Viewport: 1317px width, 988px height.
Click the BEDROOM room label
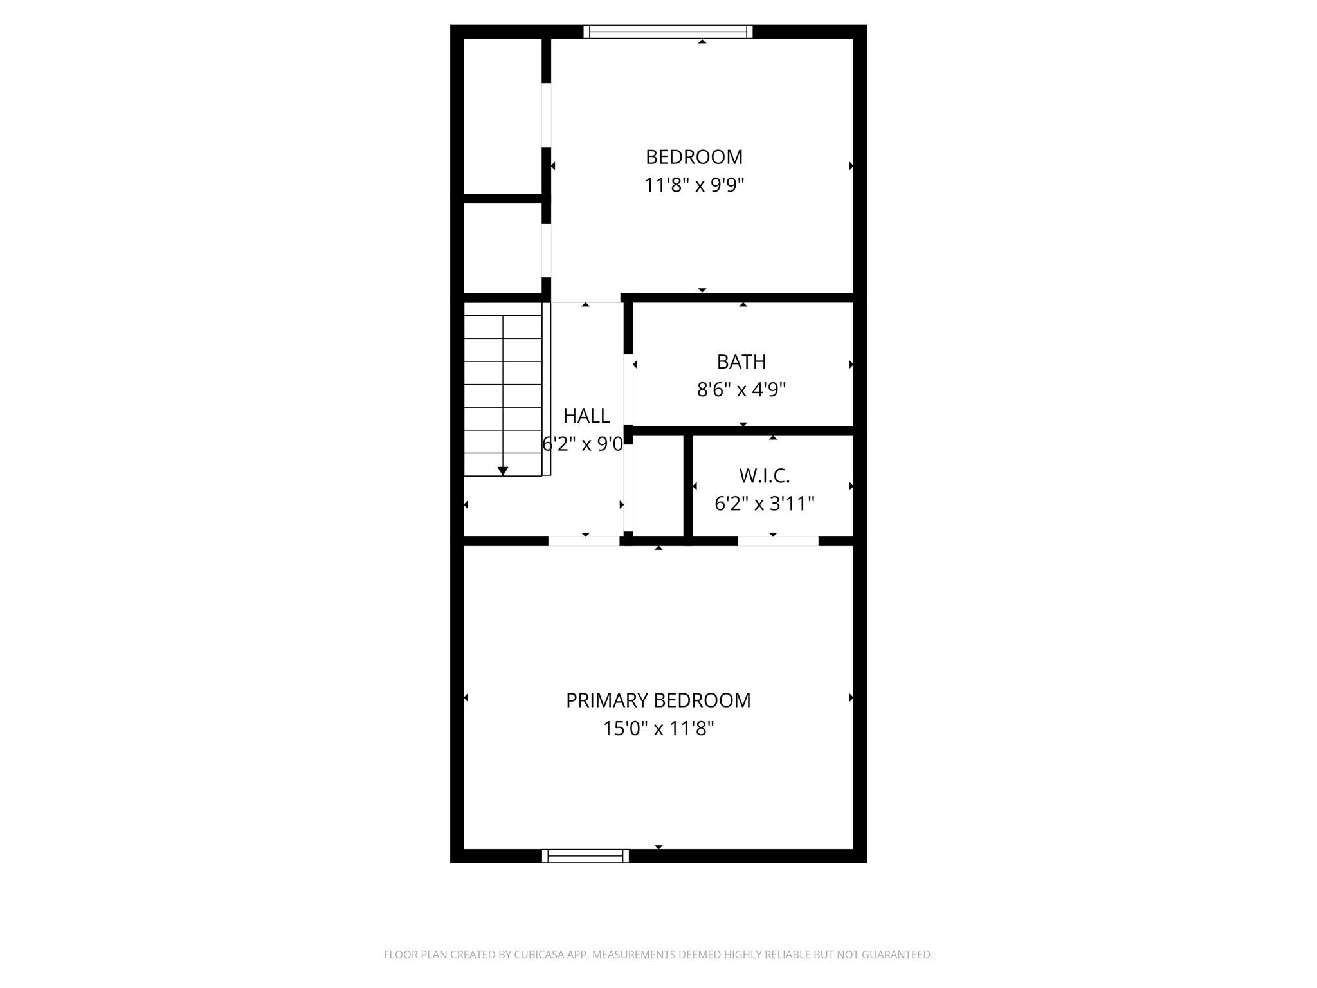point(694,157)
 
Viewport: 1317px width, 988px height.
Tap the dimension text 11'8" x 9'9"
point(694,185)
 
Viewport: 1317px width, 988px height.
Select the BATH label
point(741,362)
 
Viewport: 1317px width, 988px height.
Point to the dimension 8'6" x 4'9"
point(741,390)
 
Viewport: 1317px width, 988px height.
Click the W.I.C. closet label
point(764,476)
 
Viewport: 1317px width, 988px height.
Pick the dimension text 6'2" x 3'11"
point(764,503)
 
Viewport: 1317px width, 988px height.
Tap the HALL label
point(586,416)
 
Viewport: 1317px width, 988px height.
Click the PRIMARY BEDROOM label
point(658,700)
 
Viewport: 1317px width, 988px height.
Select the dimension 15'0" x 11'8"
point(658,729)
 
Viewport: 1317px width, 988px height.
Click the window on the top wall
point(668,32)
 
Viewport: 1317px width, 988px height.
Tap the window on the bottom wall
point(585,855)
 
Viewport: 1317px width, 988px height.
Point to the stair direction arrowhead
point(503,471)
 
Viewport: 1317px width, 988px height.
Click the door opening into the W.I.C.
point(777,541)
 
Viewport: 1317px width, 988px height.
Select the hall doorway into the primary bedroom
point(583,541)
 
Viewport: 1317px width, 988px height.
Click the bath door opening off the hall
point(628,390)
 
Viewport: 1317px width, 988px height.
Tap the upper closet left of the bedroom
point(502,116)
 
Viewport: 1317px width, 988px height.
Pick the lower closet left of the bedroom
point(502,248)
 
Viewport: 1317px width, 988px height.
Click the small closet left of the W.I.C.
point(657,486)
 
